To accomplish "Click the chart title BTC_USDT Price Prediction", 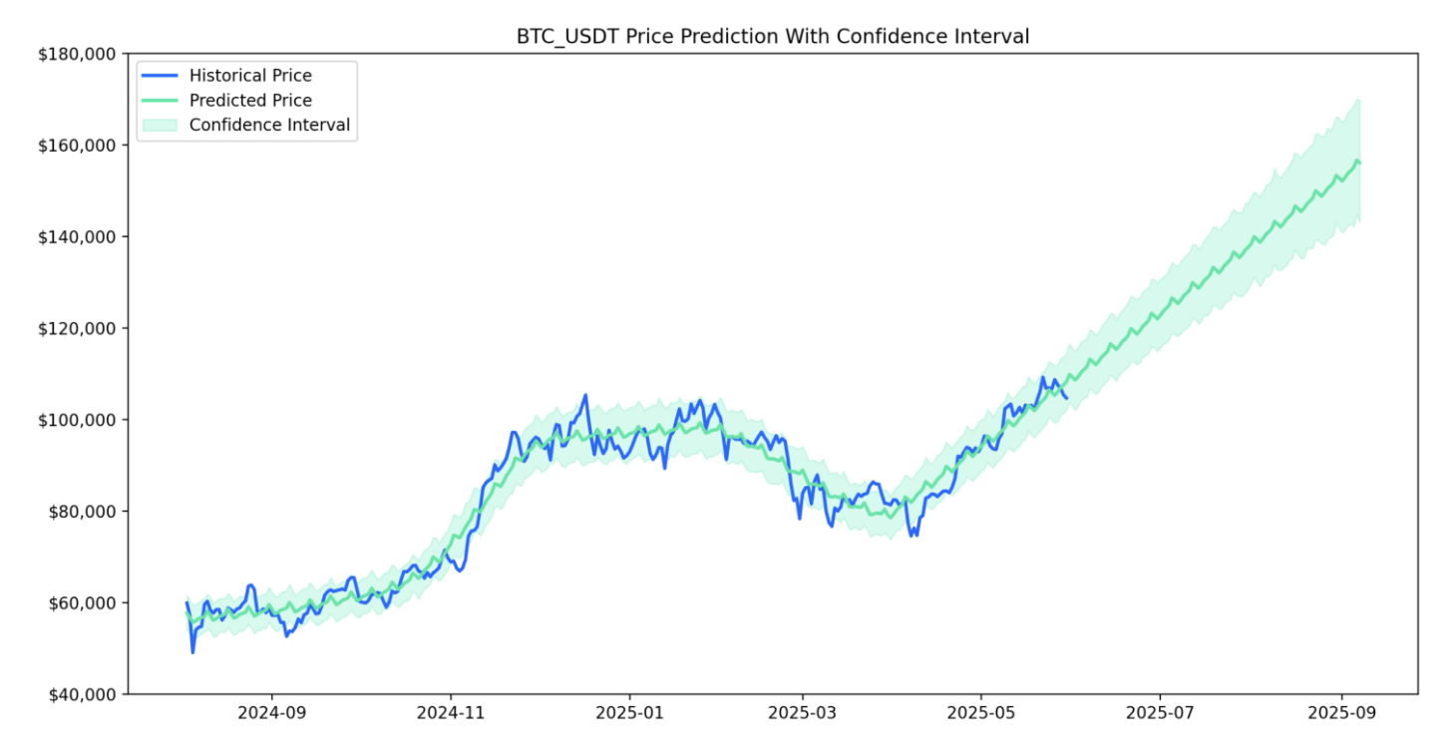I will pyautogui.click(x=772, y=36).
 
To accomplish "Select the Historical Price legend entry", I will pyautogui.click(x=249, y=76).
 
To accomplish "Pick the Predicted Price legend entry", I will pyautogui.click(x=249, y=101).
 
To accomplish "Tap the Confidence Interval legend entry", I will pyautogui.click(x=269, y=126).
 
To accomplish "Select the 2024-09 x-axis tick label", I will pyautogui.click(x=271, y=714).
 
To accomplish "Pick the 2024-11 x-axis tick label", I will pyautogui.click(x=450, y=714).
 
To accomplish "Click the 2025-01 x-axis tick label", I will pyautogui.click(x=629, y=714).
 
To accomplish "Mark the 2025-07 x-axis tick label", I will pyautogui.click(x=1160, y=714).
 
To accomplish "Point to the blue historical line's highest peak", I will pyautogui.click(x=585, y=395).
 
